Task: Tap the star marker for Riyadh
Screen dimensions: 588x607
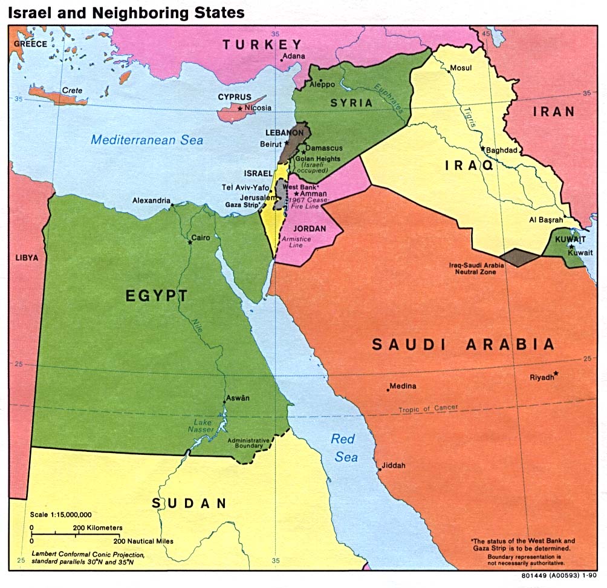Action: (556, 373)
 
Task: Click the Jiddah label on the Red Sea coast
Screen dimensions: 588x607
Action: (393, 466)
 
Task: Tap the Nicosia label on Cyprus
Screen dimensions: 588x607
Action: (258, 108)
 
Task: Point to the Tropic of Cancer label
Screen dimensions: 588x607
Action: (427, 409)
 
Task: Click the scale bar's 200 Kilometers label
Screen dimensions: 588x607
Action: (97, 528)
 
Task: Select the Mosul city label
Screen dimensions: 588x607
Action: (460, 68)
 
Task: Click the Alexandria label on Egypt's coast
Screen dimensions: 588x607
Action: (151, 201)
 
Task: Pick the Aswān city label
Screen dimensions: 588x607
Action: (237, 398)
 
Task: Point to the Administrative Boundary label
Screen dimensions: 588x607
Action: (248, 443)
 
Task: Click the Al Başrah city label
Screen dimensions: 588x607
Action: (546, 221)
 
